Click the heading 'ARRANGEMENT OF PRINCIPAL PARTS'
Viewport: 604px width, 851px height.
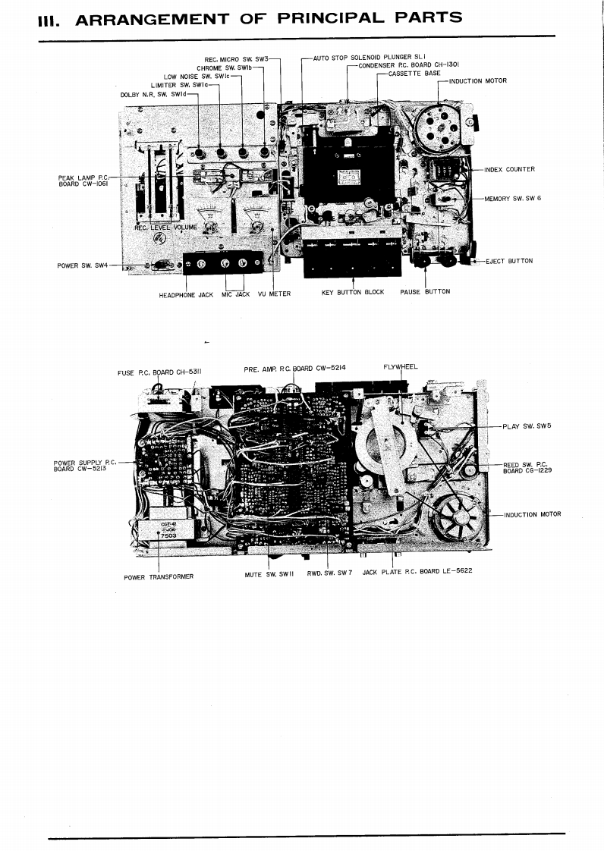pos(268,17)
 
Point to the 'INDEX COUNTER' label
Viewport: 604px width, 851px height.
pos(509,169)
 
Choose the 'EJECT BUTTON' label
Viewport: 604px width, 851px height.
pos(509,261)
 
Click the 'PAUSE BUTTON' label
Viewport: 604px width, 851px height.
pos(425,292)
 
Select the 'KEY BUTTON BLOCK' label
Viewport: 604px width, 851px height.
pos(353,292)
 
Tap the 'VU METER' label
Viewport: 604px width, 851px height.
pos(274,294)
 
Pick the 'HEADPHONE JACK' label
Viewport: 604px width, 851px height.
pos(186,294)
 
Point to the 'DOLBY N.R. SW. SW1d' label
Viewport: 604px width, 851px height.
pos(153,94)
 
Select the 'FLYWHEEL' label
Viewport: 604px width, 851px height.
pos(401,367)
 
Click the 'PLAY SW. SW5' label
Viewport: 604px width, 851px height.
pos(527,426)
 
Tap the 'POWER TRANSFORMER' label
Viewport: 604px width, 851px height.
pos(159,576)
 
